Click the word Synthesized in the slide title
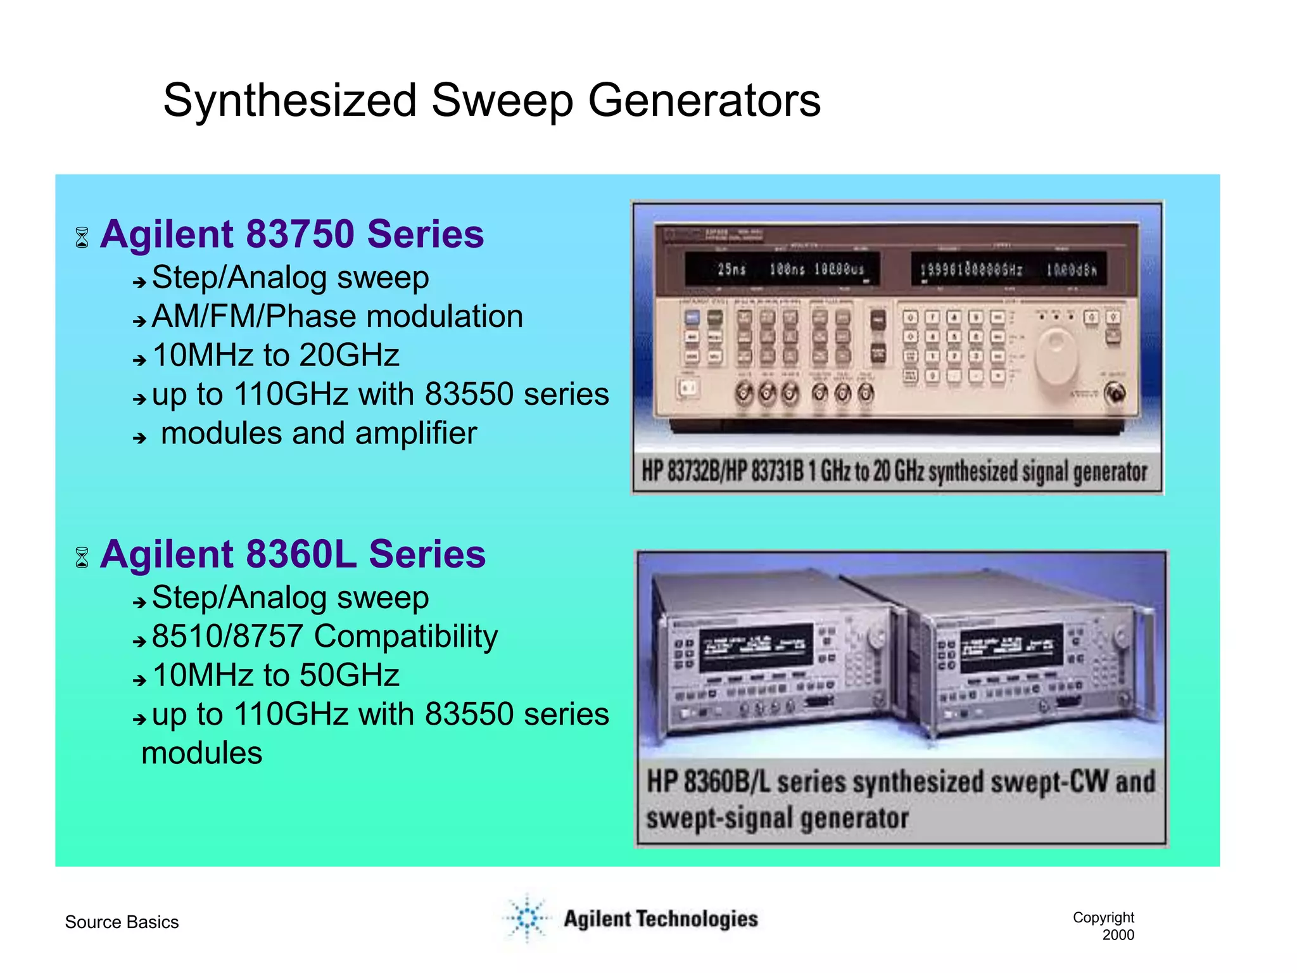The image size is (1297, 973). (x=289, y=101)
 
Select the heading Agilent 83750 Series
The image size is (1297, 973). (x=291, y=234)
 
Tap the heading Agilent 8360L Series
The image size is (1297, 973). (x=293, y=554)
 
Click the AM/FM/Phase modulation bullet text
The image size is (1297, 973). (x=338, y=316)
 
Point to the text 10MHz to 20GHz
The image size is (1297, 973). (x=276, y=355)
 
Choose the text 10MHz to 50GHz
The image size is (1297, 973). (x=276, y=675)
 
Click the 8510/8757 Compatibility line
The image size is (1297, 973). (x=325, y=636)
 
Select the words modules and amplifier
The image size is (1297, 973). (x=319, y=434)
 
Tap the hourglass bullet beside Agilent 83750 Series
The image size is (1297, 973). (x=82, y=238)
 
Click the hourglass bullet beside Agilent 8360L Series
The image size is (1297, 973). (x=82, y=557)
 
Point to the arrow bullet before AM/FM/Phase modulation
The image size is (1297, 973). (x=139, y=321)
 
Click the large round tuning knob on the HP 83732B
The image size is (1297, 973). (x=1056, y=355)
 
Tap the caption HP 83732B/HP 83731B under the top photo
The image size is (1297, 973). (x=722, y=472)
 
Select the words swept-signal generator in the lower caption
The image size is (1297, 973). (x=777, y=818)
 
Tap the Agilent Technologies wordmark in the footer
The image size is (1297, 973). (x=661, y=919)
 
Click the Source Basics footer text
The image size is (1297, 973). (x=122, y=922)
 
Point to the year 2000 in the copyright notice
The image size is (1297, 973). (x=1118, y=935)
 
